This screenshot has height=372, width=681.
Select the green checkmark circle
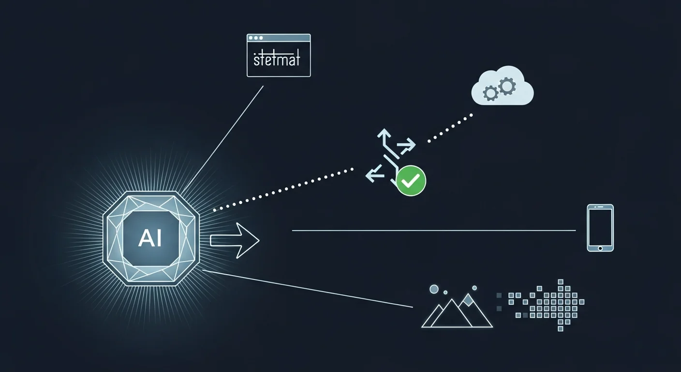click(411, 181)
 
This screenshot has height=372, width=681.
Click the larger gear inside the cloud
click(507, 87)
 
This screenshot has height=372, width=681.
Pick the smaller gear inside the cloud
click(490, 93)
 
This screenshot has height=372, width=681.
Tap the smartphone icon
click(600, 228)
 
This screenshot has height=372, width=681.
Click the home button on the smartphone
click(600, 248)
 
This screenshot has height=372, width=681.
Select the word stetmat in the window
click(277, 60)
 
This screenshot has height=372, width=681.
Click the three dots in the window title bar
click(256, 38)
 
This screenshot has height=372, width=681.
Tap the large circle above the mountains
click(434, 289)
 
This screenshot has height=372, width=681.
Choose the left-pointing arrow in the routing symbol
click(374, 173)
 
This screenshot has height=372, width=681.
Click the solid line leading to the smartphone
click(434, 231)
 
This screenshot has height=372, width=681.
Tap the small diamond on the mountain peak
click(468, 300)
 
